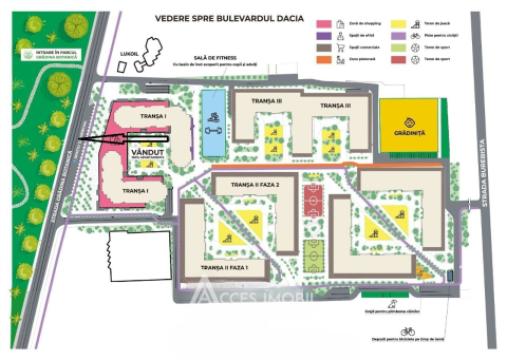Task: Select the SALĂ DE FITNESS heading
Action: (x=215, y=58)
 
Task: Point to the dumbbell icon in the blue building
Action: (x=211, y=127)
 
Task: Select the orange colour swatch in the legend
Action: (x=322, y=59)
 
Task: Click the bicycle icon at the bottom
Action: (x=407, y=330)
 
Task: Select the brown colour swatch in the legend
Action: (x=322, y=46)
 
